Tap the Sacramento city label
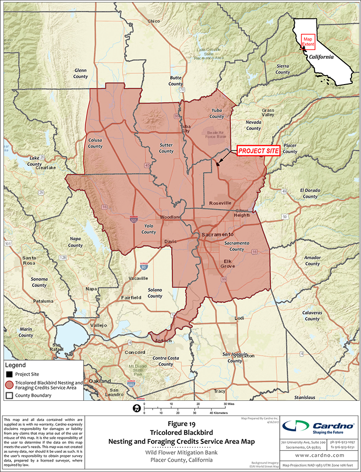tap(217, 234)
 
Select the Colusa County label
tap(95, 143)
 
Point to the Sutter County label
tap(166, 148)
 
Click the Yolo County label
tap(149, 229)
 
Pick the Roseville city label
tap(220, 203)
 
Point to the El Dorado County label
tap(310, 193)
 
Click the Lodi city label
tap(239, 318)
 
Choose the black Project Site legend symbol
tap(9, 375)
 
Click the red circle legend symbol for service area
tap(9, 385)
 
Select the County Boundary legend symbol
tap(9, 396)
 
